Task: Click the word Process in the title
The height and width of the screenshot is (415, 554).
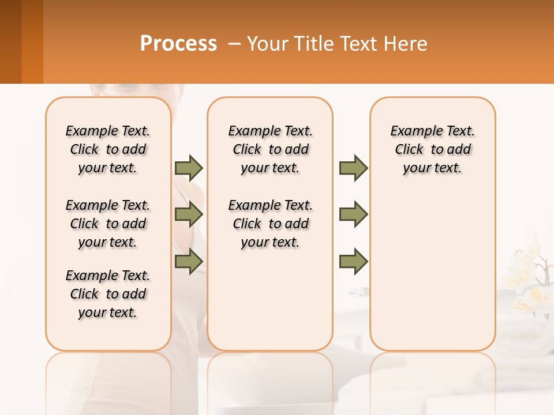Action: click(x=178, y=44)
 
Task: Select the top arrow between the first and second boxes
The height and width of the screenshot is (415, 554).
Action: click(x=189, y=168)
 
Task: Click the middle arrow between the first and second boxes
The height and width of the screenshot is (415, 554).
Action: click(x=189, y=214)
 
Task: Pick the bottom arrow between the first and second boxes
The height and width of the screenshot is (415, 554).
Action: click(x=189, y=261)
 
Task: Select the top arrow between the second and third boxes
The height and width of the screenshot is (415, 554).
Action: click(x=353, y=168)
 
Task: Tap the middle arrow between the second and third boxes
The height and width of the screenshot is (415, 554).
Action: click(x=353, y=214)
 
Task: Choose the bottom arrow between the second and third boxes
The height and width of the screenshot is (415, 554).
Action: click(x=353, y=261)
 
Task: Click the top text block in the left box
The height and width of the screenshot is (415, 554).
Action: click(x=108, y=149)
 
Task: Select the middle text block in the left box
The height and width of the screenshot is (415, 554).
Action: click(x=108, y=224)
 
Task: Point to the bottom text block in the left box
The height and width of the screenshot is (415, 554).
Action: click(x=108, y=294)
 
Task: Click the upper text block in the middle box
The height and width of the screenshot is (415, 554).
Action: click(x=270, y=149)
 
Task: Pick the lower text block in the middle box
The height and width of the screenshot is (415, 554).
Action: click(x=270, y=224)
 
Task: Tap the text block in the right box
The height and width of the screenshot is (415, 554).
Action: click(x=432, y=149)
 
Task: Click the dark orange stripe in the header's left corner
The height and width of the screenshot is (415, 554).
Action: click(x=32, y=41)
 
